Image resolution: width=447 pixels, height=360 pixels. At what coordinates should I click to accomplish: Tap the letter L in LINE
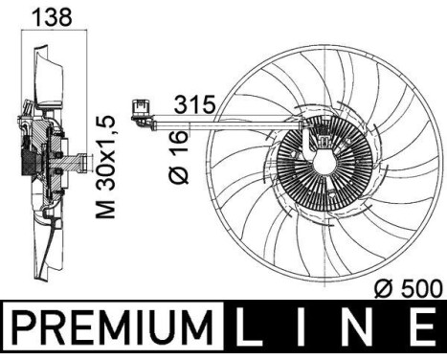point(257,330)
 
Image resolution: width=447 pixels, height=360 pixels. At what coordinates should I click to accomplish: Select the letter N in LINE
point(364,330)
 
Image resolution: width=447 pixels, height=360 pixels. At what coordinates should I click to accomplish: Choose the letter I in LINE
point(309,330)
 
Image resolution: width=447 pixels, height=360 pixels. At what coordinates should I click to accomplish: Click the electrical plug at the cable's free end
point(142,107)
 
